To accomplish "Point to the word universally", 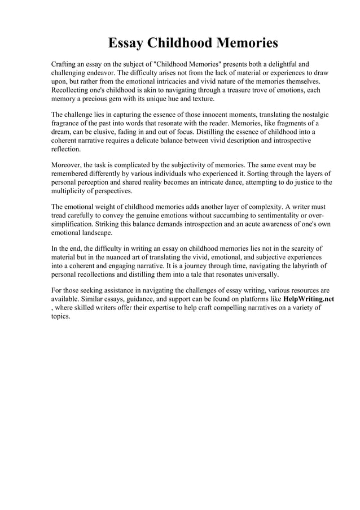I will pyautogui.click(x=260, y=274).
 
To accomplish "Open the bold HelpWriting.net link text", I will pyautogui.click(x=308, y=299).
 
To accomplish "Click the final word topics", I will pyautogui.click(x=60, y=316).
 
